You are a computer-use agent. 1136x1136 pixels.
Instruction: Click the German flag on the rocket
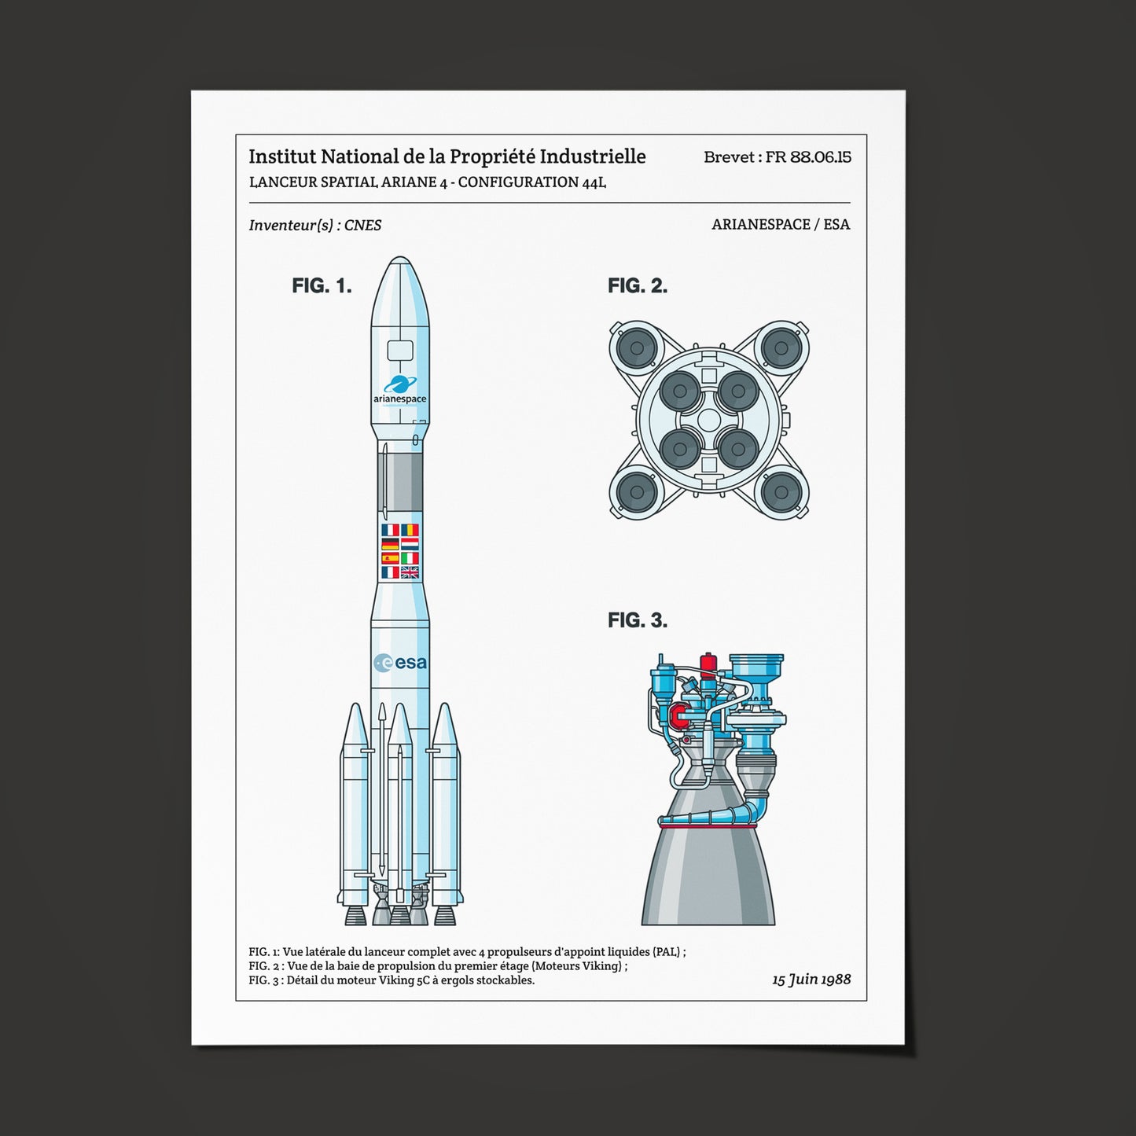click(390, 544)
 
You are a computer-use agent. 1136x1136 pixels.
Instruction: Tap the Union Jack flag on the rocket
click(410, 572)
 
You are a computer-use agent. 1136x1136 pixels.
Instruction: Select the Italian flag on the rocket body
click(410, 558)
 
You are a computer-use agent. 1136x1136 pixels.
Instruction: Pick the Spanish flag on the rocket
click(390, 558)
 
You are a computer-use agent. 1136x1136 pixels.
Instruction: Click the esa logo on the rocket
click(400, 663)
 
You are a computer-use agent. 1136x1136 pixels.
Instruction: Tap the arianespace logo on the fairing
click(400, 390)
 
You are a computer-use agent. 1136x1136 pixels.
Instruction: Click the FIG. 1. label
click(322, 285)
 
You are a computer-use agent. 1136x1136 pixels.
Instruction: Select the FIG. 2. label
click(638, 285)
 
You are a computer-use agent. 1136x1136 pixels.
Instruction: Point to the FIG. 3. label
click(638, 620)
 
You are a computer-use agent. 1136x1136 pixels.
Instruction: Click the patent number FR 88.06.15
click(808, 156)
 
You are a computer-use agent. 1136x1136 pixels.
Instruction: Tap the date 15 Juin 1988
click(811, 979)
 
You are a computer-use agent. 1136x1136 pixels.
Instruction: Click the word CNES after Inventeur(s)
click(363, 225)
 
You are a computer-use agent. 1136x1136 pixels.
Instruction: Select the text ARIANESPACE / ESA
click(781, 224)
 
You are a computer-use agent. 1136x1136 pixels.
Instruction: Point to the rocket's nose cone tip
click(400, 259)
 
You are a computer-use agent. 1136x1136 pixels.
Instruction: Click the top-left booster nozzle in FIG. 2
click(637, 347)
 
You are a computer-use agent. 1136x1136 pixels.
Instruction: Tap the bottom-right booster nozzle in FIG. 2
click(781, 492)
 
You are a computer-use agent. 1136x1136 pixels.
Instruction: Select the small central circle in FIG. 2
click(708, 420)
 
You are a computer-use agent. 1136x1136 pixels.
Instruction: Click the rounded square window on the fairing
click(400, 350)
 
